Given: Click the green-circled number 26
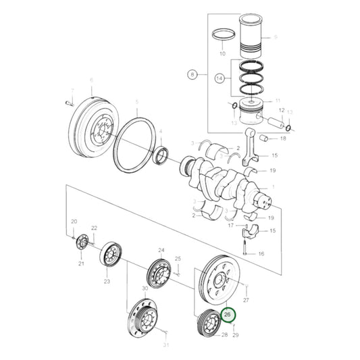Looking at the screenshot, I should coord(228,315).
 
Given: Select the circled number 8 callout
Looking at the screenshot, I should coord(193,76).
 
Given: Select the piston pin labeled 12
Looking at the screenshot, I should coord(277,122).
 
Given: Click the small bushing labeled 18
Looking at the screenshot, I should coord(265,139).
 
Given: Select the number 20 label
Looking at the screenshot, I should coord(74,222).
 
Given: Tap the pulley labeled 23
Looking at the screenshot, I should coord(110,257).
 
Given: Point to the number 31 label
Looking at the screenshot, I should coord(168,346).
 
